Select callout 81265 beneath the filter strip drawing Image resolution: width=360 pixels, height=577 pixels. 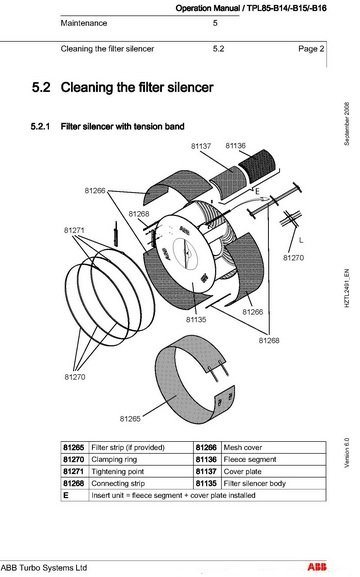132,418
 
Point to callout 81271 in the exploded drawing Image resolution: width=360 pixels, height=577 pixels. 75,229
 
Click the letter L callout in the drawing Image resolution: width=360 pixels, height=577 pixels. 303,240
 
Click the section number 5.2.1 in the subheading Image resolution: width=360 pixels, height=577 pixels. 45,128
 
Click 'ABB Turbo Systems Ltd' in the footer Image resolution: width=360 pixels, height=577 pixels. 44,567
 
